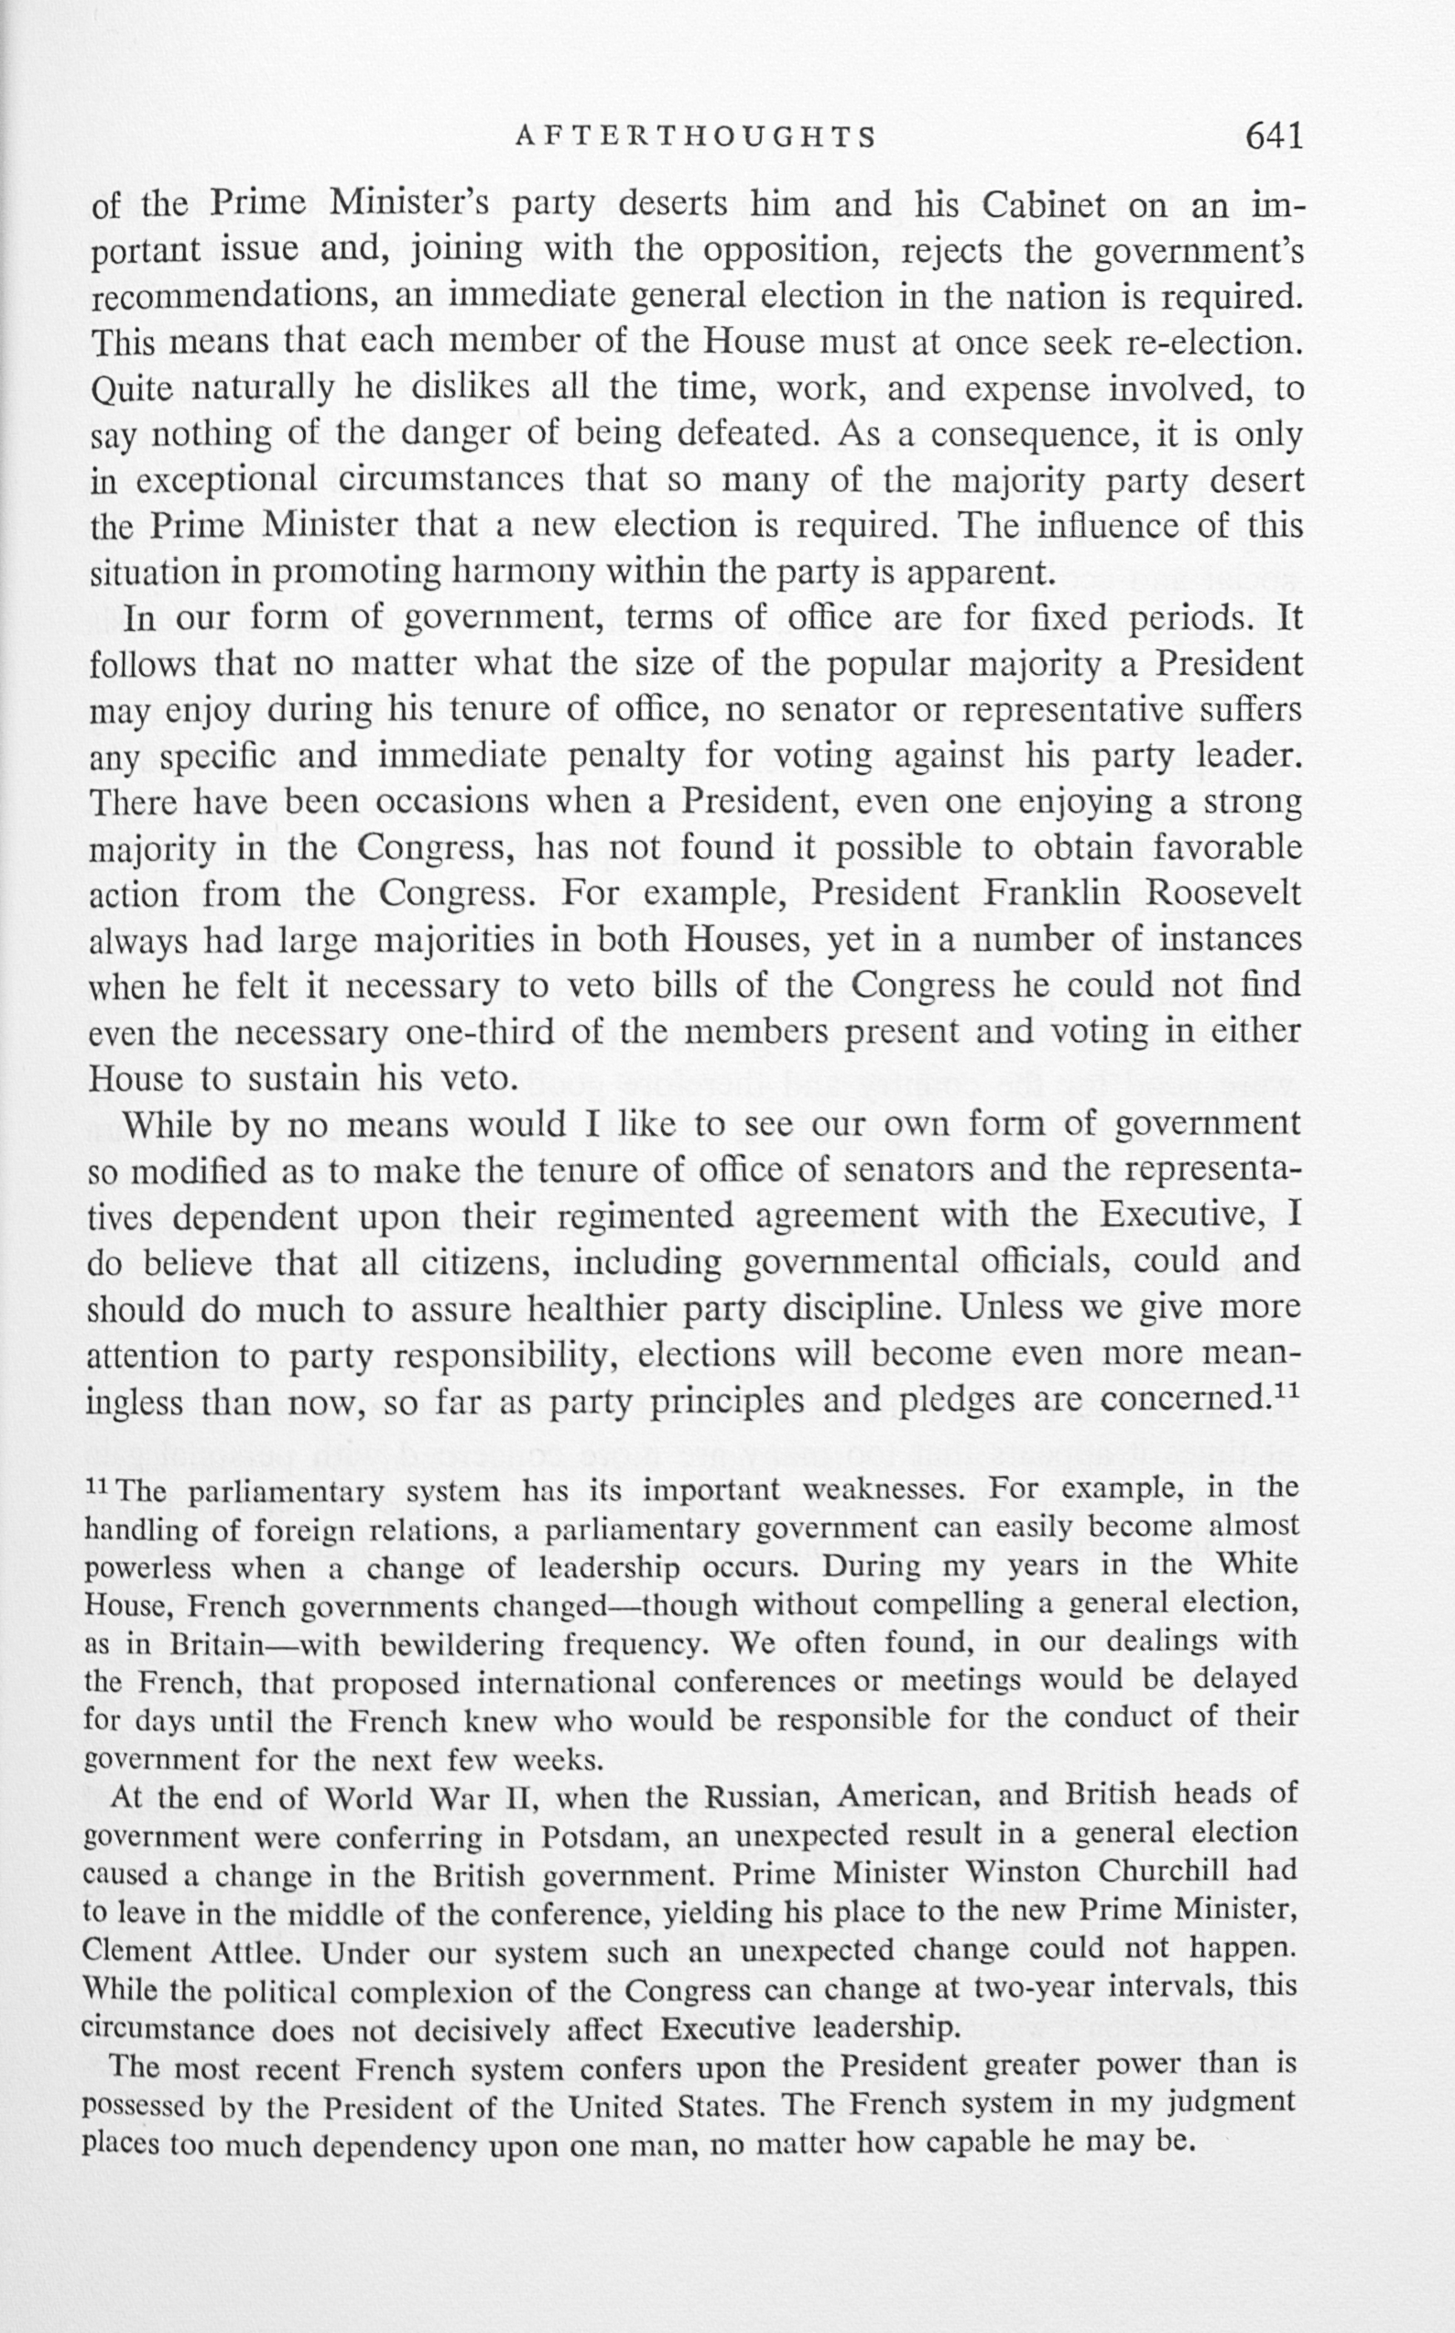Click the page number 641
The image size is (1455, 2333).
point(1274,136)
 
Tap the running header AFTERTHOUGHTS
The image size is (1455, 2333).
point(696,137)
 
